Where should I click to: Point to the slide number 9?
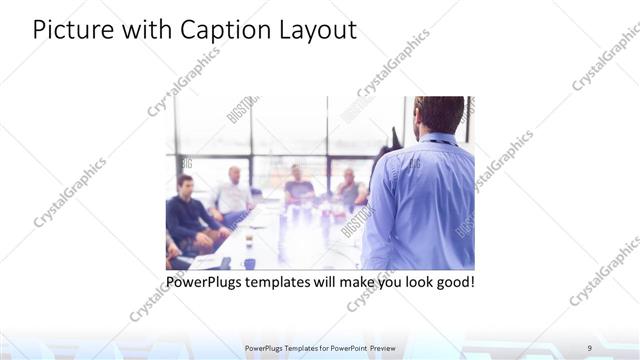[589, 348]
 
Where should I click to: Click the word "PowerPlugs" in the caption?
[205, 282]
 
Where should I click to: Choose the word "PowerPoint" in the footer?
[345, 348]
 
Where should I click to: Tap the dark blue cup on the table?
[249, 263]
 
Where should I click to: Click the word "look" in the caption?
[409, 282]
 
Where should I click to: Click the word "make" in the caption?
[348, 282]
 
